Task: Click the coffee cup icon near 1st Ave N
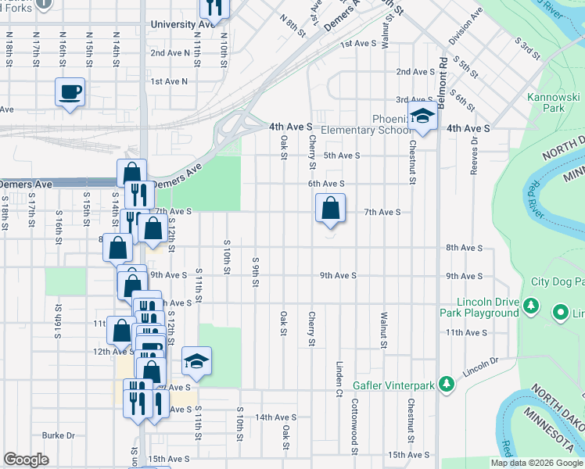[70, 92]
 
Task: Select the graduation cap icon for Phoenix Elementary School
[422, 116]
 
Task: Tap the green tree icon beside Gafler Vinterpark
[446, 384]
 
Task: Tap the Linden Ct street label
[339, 375]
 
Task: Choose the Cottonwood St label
[354, 426]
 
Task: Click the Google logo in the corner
[26, 460]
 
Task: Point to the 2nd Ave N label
[170, 52]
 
